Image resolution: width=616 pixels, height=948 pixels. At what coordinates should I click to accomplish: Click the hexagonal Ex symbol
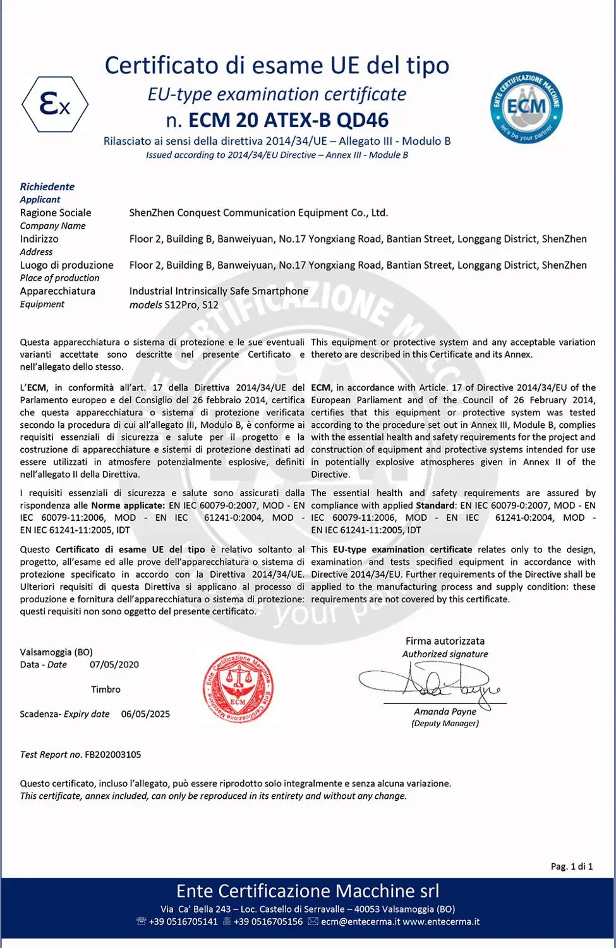point(55,104)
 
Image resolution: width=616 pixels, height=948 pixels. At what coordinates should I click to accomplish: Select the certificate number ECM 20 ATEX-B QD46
point(288,120)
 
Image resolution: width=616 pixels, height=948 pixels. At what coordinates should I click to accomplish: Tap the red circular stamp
point(238,688)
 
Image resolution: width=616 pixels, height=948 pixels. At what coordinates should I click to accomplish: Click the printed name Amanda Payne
point(445,712)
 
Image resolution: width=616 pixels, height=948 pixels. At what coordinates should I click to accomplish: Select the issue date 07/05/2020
point(114,665)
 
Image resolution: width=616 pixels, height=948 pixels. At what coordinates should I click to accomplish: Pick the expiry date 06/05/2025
point(145,714)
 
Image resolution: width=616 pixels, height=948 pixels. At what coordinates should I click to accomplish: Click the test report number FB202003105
point(113,755)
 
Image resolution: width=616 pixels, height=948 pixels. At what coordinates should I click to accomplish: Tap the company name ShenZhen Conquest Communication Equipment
point(258,213)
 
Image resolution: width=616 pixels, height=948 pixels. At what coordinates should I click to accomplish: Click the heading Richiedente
point(47,187)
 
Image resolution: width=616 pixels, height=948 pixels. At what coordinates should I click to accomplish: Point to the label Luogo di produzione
point(66,265)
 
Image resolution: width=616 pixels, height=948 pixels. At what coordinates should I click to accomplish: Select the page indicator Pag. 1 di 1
point(572,866)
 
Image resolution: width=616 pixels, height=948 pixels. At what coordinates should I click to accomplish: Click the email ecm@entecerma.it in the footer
point(360,922)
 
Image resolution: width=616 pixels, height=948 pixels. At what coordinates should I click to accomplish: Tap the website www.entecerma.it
point(441,922)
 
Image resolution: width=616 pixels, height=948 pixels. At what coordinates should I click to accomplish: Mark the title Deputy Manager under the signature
point(445,724)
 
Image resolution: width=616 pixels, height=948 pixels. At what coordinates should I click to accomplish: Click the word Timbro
point(106,690)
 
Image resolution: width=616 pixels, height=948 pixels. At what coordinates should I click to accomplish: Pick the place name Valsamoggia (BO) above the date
point(56,652)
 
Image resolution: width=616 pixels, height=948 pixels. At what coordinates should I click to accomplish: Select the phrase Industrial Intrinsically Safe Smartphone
point(219,291)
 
